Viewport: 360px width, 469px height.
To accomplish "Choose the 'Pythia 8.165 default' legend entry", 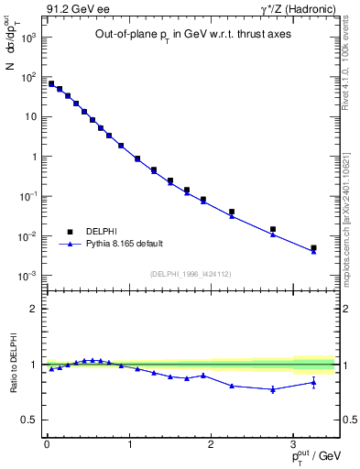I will point(125,244).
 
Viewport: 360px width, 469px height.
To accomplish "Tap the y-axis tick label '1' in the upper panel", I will point(34,157).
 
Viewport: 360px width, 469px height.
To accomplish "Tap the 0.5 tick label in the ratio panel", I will point(30,420).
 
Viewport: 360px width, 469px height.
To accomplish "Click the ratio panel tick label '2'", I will point(34,309).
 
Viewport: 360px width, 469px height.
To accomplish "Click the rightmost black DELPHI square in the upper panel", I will point(313,247).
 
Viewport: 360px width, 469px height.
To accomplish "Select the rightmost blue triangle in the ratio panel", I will point(313,383).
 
